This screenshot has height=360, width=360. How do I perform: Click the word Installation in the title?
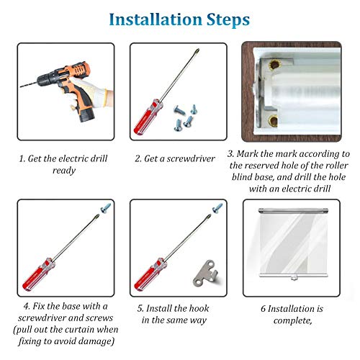tap(156, 19)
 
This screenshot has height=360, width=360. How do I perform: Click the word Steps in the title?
tap(228, 20)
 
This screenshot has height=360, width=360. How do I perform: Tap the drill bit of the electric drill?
tap(29, 84)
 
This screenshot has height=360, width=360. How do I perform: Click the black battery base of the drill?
tap(87, 115)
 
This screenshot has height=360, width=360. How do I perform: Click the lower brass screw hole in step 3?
tap(274, 121)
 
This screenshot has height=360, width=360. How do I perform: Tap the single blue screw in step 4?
tap(106, 207)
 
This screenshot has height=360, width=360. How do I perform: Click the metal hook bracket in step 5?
tap(206, 273)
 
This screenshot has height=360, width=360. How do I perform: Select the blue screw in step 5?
tap(217, 207)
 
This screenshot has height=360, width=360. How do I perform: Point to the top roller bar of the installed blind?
tap(293, 211)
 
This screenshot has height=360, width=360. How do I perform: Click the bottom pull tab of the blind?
tap(293, 278)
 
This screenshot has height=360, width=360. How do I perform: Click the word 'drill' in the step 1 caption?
tap(99, 158)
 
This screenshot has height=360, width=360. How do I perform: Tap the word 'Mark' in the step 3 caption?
tap(248, 154)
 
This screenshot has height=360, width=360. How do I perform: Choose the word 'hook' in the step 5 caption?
tap(199, 308)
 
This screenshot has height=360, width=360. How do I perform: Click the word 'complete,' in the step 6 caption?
tap(292, 320)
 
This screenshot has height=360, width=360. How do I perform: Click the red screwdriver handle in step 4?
tap(39, 274)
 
